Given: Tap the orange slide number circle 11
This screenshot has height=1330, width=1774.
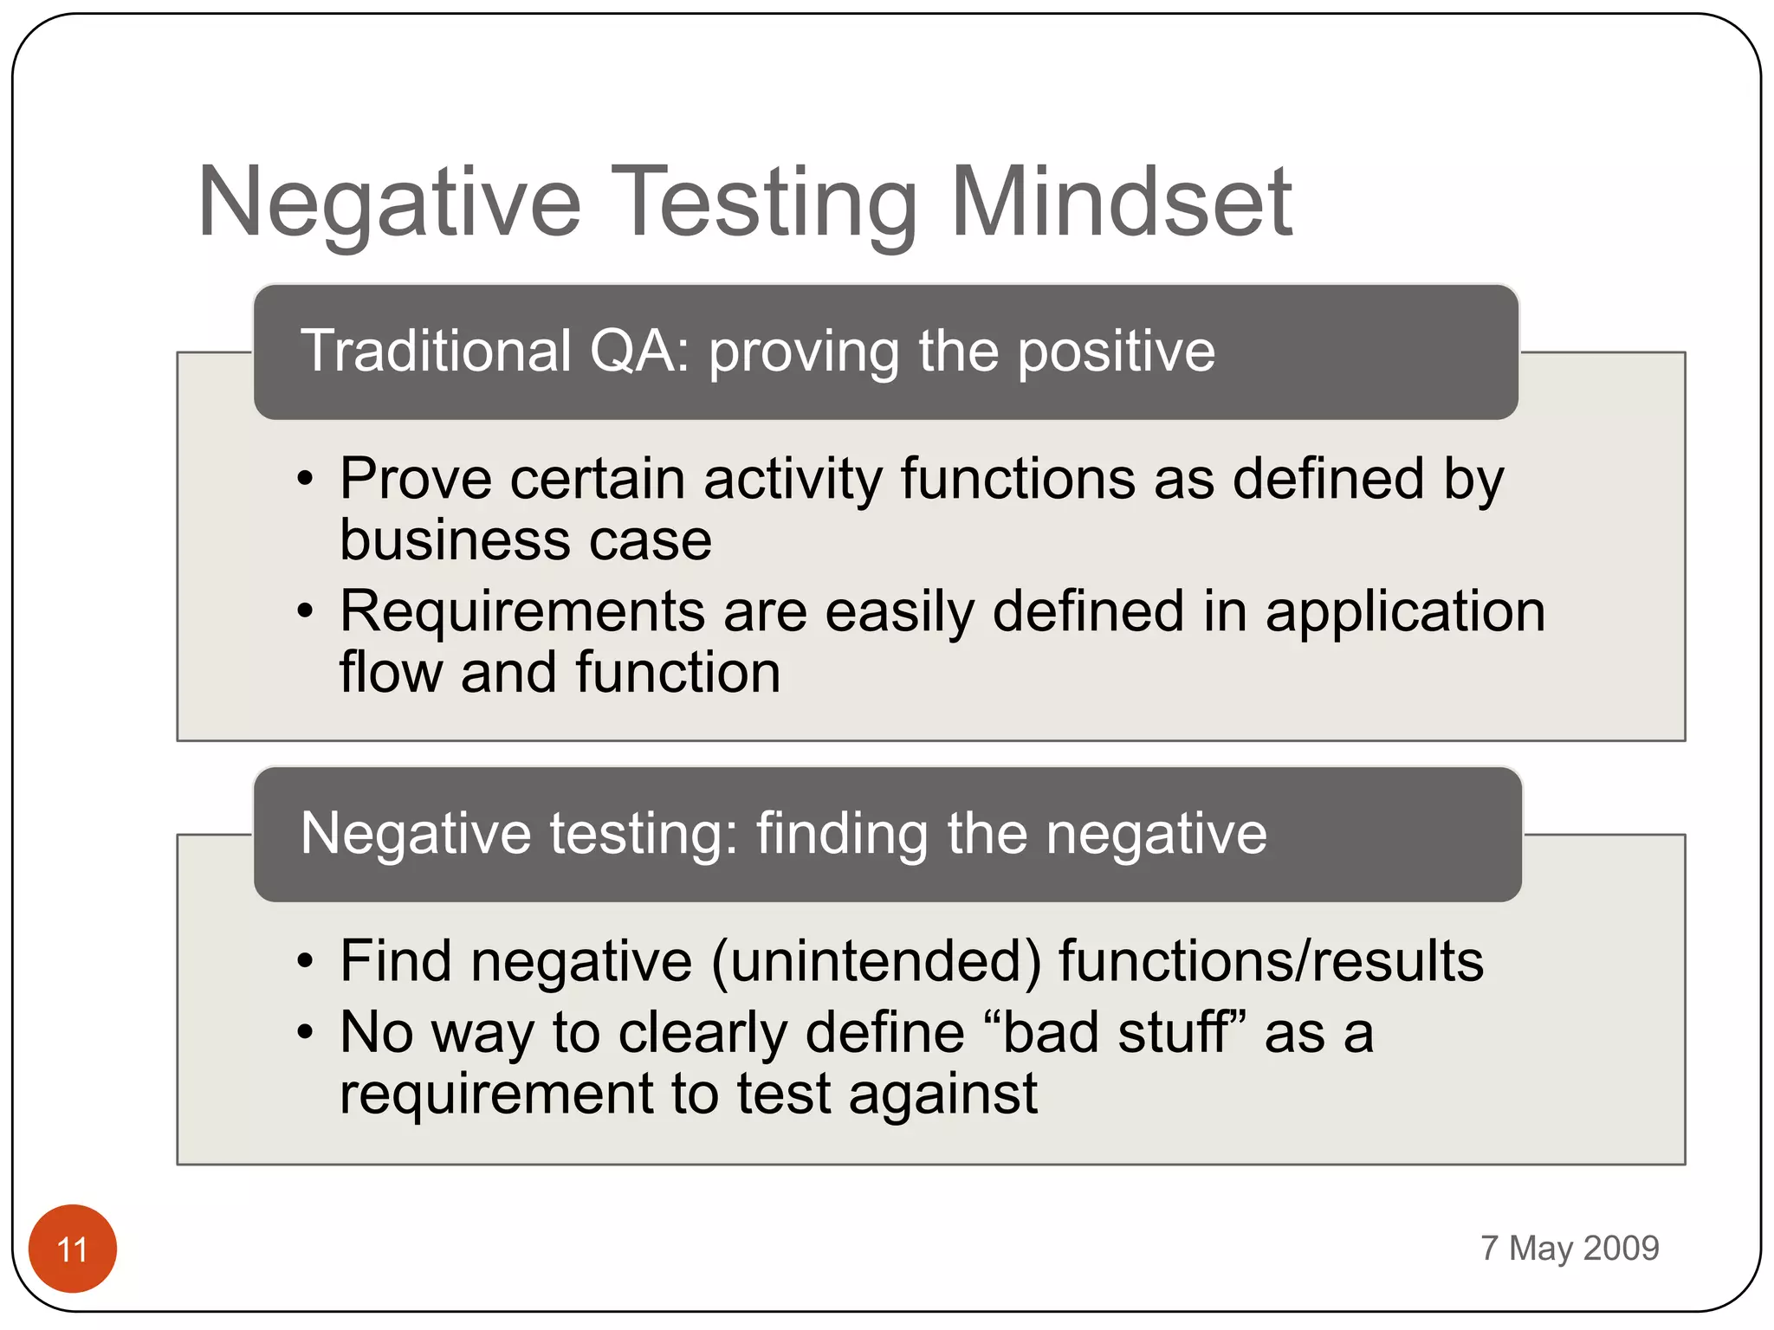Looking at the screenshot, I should [x=73, y=1249].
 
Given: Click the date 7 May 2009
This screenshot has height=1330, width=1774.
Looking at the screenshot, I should [x=1570, y=1248].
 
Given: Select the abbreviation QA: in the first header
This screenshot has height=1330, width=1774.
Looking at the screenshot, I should [x=639, y=352].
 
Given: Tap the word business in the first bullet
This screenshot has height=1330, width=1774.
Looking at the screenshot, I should [x=453, y=540].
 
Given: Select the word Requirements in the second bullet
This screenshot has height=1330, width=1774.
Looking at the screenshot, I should [x=521, y=612].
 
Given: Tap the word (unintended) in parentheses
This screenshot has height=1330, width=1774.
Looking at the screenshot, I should [x=876, y=962].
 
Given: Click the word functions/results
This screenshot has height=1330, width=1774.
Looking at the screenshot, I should [x=1270, y=961].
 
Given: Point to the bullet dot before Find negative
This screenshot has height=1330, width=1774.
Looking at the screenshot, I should [x=304, y=961].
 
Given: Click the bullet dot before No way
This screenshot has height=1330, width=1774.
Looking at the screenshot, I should [x=304, y=1032].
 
